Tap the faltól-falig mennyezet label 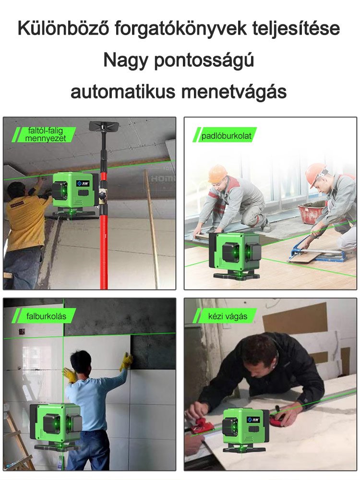pos(45,135)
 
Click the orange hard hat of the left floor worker pos(217,174)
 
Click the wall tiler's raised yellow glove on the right pos(126,361)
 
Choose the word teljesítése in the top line pos(294,29)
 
